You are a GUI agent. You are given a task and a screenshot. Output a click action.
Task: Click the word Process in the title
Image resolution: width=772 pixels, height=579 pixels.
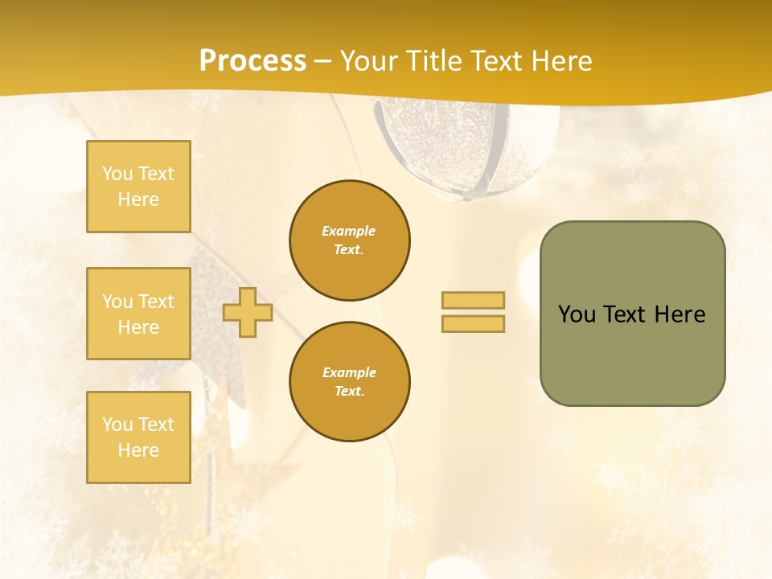[x=253, y=61]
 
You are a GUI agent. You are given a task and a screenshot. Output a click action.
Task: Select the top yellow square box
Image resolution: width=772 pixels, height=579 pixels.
[x=138, y=187]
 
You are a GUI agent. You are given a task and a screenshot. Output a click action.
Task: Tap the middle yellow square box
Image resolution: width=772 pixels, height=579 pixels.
[x=138, y=314]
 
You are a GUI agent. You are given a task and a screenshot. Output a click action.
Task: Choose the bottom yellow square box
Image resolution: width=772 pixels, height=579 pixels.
[x=138, y=437]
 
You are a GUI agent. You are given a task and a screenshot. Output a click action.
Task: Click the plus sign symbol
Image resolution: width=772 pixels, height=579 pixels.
[x=248, y=312]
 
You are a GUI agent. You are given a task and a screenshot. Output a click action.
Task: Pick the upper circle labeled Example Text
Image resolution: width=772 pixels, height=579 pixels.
[x=349, y=240]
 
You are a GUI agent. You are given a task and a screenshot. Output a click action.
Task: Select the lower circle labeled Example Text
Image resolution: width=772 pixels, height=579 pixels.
[x=349, y=382]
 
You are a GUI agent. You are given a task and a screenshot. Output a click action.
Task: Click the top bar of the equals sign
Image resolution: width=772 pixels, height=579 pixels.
[x=473, y=300]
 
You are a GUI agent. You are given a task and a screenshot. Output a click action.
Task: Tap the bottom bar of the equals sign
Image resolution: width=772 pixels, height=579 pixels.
[x=473, y=323]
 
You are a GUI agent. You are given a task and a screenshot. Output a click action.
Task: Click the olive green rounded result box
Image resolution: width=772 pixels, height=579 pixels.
[x=632, y=354]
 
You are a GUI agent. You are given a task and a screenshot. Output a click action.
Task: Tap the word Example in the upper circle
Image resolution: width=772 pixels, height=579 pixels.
[x=348, y=231]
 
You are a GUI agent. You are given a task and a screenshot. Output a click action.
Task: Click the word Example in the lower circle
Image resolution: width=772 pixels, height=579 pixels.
[x=349, y=372]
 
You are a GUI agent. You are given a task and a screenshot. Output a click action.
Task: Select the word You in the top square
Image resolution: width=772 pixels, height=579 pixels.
[x=117, y=174]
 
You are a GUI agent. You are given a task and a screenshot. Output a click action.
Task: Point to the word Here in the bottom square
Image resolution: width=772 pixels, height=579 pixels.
[x=138, y=450]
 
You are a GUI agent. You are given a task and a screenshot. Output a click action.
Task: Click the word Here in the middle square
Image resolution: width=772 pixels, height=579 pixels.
[x=138, y=327]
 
